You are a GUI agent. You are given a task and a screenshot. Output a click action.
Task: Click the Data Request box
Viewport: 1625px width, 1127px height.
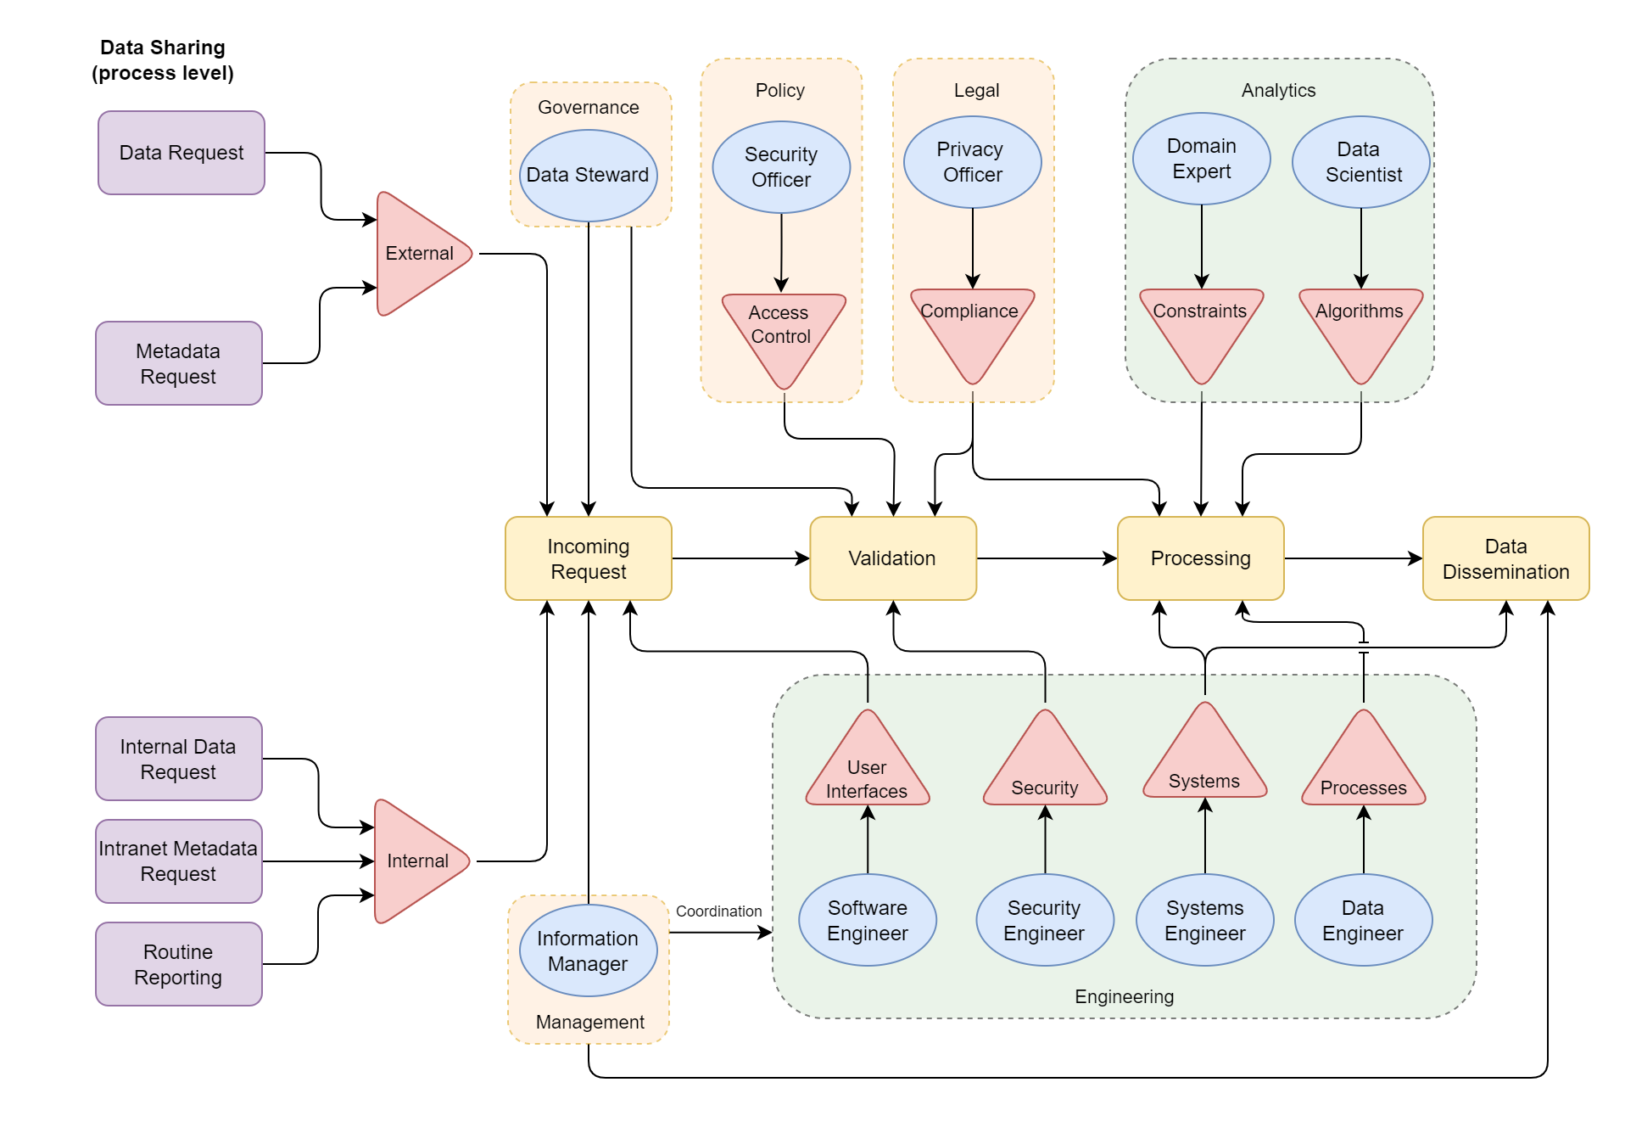tap(181, 153)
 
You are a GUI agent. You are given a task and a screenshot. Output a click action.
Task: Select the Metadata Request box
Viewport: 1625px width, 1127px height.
tap(178, 363)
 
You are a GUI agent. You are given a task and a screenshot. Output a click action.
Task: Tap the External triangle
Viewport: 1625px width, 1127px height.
tap(420, 254)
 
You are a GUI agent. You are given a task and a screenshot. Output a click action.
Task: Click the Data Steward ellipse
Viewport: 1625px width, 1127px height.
tap(588, 175)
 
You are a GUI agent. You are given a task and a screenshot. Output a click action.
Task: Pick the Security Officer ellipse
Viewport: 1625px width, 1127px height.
tap(780, 167)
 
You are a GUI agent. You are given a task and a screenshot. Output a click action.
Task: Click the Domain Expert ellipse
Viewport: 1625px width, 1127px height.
tap(1201, 159)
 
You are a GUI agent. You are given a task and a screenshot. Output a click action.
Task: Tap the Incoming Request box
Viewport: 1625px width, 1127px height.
tap(588, 558)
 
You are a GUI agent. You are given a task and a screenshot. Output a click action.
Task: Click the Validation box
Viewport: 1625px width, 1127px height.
tap(892, 558)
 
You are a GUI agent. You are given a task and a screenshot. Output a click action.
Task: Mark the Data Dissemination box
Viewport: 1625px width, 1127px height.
tap(1505, 558)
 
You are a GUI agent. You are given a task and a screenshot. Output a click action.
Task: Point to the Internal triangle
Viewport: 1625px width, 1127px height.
tap(417, 861)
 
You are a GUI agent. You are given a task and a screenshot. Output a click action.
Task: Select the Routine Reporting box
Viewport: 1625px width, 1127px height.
tap(178, 964)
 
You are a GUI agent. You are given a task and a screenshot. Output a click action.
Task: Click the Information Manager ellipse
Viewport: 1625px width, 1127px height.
tap(588, 950)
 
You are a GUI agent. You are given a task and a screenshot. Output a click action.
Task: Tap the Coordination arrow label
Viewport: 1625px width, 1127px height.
tap(718, 911)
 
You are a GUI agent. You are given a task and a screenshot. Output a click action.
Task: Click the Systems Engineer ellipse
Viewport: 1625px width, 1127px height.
tap(1204, 920)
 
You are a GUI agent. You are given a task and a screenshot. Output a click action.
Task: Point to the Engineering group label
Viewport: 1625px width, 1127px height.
tap(1124, 996)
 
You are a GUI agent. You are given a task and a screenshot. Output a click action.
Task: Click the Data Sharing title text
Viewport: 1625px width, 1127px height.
tap(163, 60)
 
